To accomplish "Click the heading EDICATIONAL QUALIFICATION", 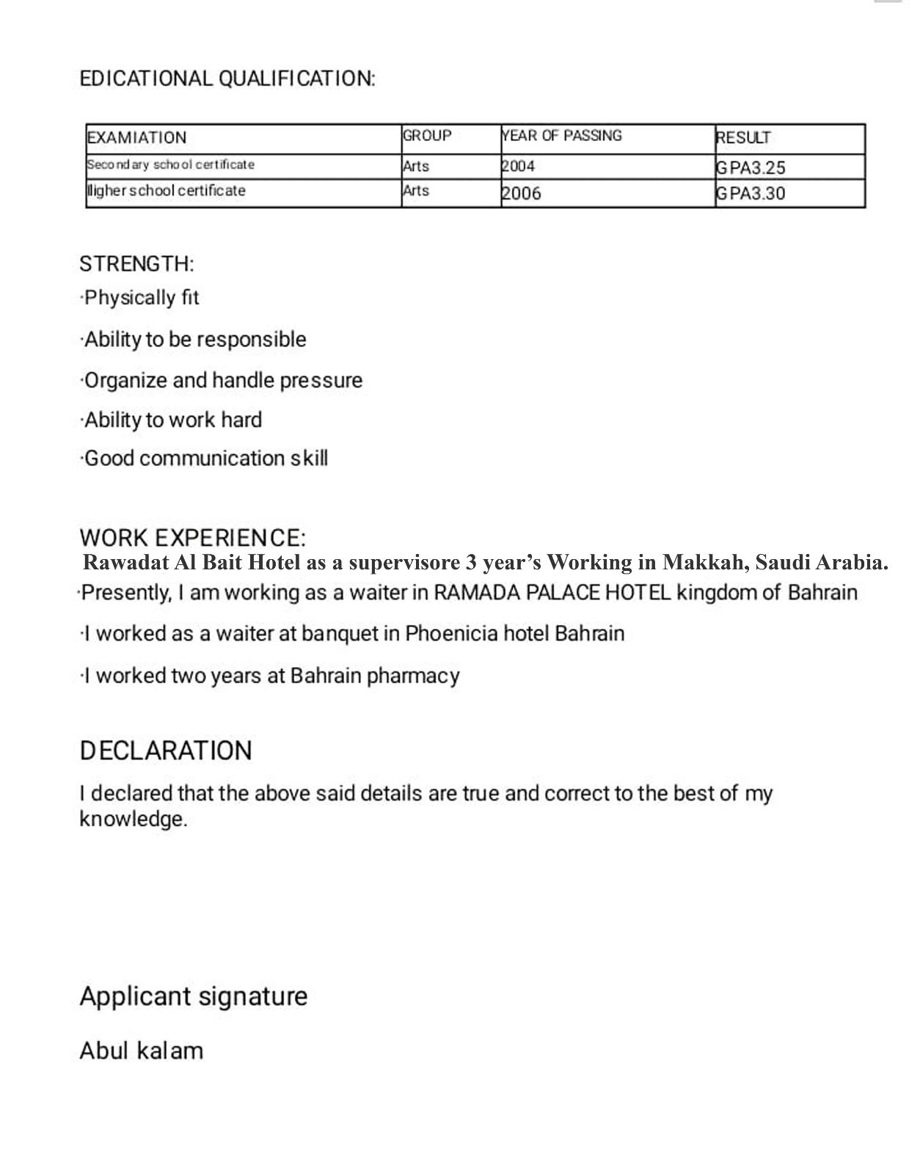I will [227, 79].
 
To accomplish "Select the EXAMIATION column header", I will [137, 138].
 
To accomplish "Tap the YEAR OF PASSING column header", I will [561, 136].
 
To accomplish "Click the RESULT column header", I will [743, 138].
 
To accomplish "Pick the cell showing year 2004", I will [518, 167].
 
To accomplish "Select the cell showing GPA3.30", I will [751, 194].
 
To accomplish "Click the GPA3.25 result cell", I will [751, 168].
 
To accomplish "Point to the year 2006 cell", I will [521, 194].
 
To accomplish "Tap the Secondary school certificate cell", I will [171, 164].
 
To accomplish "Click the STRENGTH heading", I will [136, 263].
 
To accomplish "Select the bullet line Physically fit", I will [140, 298].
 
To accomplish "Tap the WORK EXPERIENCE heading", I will [192, 537].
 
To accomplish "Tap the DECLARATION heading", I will [166, 751].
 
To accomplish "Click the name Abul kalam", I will [141, 1051].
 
